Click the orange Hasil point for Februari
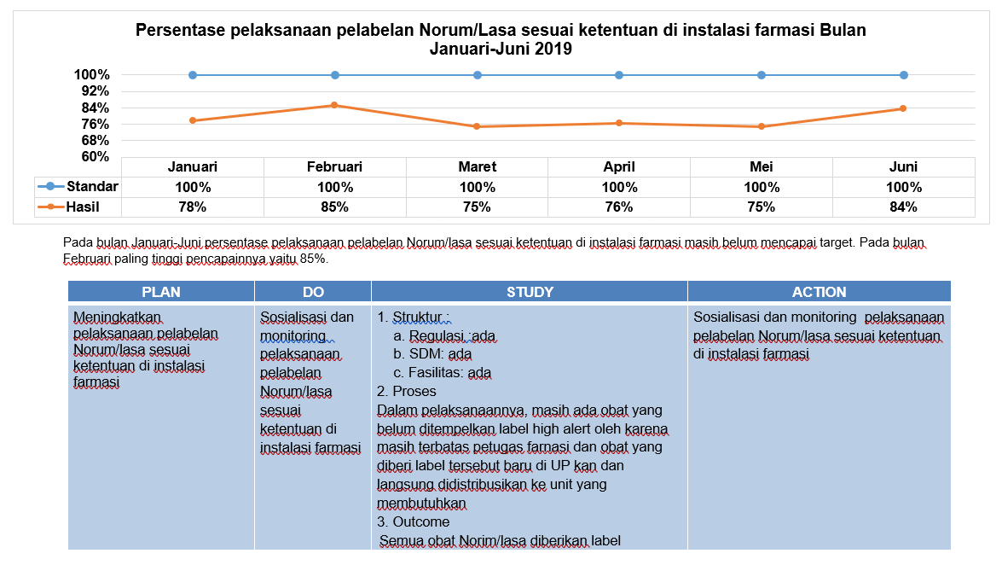pos(335,105)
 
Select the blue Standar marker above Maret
pos(478,75)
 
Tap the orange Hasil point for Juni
pos(904,108)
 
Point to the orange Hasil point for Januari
pos(193,120)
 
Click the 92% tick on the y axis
pos(96,90)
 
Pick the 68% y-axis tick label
pos(96,140)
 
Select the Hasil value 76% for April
pos(619,207)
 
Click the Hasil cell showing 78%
pos(193,207)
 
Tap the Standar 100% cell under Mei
pos(762,188)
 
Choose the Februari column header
pos(335,167)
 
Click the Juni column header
pos(904,167)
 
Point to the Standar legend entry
pos(78,186)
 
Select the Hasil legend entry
pos(69,207)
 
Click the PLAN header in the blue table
pos(161,292)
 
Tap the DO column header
pos(313,292)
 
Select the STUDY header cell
pos(530,292)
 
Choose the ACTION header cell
pos(820,292)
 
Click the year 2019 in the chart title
pos(553,49)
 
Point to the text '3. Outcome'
pos(414,522)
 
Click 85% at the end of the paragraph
pos(313,259)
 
